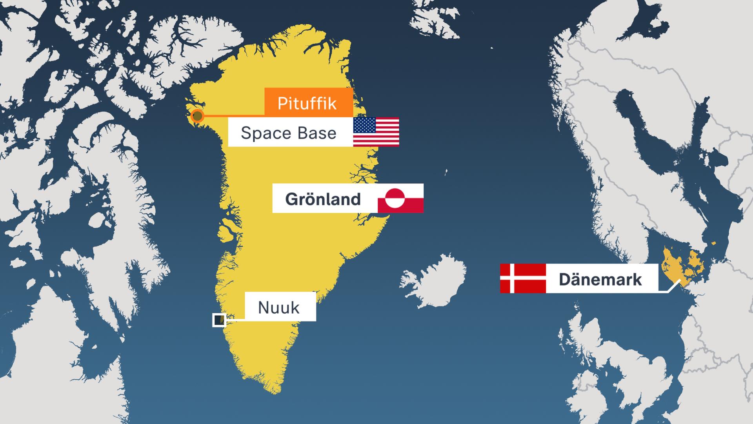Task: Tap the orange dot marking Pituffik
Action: [197, 116]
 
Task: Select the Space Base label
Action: [289, 133]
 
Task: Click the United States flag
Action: [376, 132]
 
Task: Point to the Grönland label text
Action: [323, 199]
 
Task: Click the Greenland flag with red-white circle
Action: [400, 198]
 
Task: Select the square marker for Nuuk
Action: [219, 320]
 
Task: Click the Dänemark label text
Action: [600, 279]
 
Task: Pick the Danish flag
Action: [523, 278]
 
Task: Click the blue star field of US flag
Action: [364, 125]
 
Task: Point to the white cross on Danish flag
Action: [512, 278]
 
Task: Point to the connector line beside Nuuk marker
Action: [236, 320]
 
